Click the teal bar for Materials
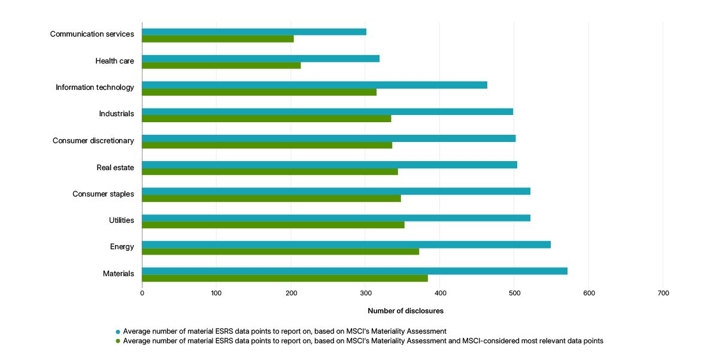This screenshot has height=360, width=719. coord(354,271)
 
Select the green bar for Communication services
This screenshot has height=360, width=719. coord(218,39)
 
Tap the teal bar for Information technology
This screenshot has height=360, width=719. coord(314,85)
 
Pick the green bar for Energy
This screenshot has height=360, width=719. coord(280,252)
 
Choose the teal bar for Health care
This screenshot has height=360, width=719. coord(260,58)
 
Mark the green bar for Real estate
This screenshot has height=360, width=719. coord(270,172)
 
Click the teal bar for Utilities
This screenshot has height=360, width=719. coord(336,218)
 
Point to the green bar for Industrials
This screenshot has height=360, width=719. coord(266,119)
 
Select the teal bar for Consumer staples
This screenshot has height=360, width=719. coord(336,191)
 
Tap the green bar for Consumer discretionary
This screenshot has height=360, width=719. coord(267,145)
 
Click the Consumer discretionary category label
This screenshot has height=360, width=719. coord(93,141)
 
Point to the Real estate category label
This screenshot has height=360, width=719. coord(115,168)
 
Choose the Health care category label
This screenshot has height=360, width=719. coord(114,60)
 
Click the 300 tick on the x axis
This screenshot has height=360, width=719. coord(365,293)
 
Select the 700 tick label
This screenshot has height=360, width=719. coord(663,293)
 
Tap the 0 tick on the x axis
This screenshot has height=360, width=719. coord(142,293)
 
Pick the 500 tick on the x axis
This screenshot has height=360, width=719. coord(514,293)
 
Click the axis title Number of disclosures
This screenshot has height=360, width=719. coord(405,311)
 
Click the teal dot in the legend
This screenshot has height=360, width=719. coord(118,331)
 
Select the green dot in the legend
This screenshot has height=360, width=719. coord(118,341)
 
